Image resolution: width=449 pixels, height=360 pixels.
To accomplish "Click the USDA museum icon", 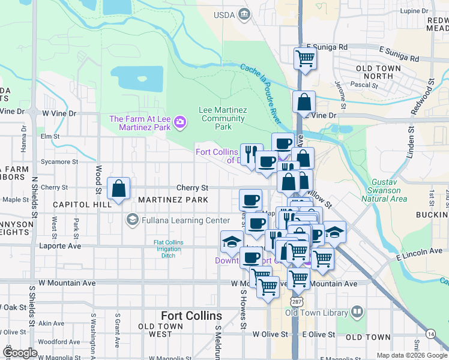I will point(244,14).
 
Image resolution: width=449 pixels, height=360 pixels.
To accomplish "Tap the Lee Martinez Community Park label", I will point(223,118).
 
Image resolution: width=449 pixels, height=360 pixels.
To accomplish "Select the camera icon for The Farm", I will point(179,123).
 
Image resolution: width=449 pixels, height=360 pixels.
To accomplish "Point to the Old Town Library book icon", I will point(357,312).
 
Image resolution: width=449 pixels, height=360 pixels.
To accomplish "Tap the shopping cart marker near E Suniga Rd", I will point(305,59).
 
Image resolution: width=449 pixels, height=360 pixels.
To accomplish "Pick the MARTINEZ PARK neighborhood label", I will point(173,199).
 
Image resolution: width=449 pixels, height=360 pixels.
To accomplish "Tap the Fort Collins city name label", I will point(191,316).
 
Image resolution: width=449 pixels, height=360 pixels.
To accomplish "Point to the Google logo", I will point(20,353).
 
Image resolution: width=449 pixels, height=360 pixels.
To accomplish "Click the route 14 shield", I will point(431,334).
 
